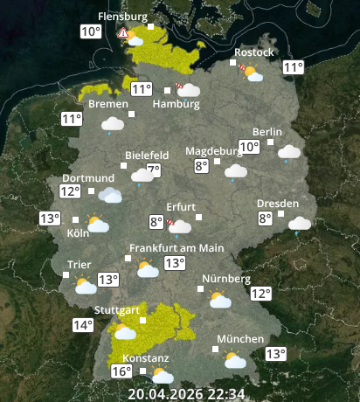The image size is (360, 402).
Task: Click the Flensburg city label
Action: tap(123, 17)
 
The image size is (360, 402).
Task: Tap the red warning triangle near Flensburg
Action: tap(124, 34)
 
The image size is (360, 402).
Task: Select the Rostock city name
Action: tap(253, 52)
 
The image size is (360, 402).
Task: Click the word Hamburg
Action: tap(176, 104)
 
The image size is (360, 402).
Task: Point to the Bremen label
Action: tap(108, 103)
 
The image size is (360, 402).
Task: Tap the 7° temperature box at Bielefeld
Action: tap(154, 170)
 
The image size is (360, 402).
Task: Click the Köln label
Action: tap(78, 233)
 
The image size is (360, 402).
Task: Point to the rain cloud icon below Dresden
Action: tap(300, 224)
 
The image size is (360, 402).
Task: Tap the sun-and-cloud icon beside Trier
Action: tap(85, 285)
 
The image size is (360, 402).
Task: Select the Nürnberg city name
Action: tap(226, 279)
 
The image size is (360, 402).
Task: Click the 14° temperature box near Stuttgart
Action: tap(83, 325)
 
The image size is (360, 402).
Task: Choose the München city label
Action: tap(240, 339)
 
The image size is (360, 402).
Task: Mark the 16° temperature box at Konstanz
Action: tap(121, 371)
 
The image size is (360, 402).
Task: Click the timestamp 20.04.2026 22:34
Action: tap(186, 393)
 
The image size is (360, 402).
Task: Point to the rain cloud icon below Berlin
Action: tap(289, 153)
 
